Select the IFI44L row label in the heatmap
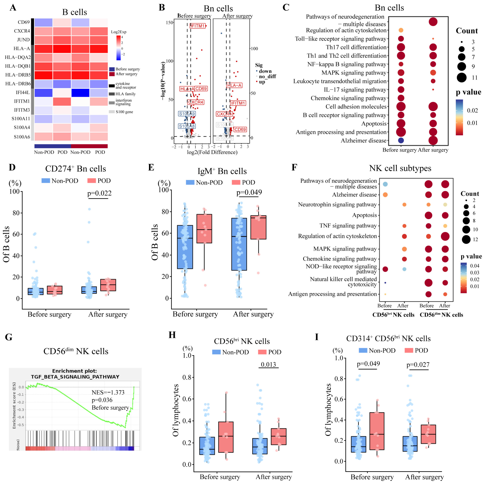[23, 92]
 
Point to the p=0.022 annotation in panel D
[99, 193]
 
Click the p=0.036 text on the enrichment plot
[102, 400]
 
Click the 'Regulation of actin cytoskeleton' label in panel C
[346, 30]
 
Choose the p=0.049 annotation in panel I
[368, 363]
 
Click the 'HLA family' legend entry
[125, 94]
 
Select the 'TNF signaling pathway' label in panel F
[348, 226]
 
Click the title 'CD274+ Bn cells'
[76, 169]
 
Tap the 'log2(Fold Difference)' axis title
[212, 152]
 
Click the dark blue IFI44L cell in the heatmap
[80, 93]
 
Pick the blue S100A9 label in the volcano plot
[187, 114]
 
